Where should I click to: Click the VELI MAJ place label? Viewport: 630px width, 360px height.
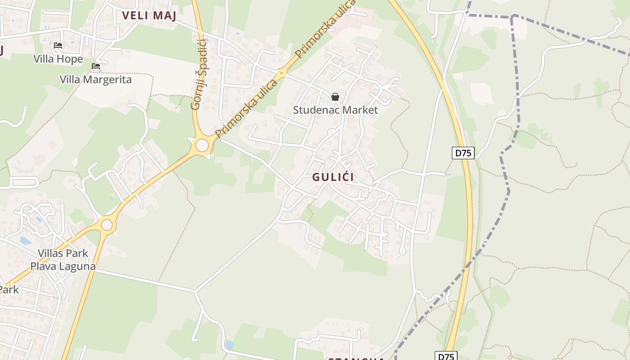coord(149,15)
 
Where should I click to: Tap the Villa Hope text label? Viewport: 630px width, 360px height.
coord(58,59)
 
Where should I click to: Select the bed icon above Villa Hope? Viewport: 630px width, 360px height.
coord(58,45)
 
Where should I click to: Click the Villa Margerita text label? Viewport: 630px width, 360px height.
coord(96,80)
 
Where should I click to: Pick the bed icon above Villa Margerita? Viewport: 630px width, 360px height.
coord(96,66)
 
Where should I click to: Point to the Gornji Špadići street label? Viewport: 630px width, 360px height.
coord(198,75)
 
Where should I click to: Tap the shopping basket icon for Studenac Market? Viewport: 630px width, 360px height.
coord(335,96)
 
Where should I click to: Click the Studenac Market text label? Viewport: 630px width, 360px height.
coord(335,110)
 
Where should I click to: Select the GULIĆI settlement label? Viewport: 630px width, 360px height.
coord(333,177)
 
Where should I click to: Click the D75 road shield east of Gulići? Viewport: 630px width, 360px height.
coord(463,153)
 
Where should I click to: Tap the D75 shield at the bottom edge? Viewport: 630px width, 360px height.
coord(446,356)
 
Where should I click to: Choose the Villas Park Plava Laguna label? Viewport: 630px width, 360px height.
coord(63,260)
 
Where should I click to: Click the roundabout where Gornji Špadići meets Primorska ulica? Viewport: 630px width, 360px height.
coord(202,145)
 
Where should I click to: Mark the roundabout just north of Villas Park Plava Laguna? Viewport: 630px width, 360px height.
coord(107,225)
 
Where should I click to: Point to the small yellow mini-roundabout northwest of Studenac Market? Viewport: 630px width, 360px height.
coord(282,72)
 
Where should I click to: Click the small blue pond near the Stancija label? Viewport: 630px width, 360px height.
coord(229,345)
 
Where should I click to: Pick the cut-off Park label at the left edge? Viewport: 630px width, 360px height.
coord(9,289)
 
